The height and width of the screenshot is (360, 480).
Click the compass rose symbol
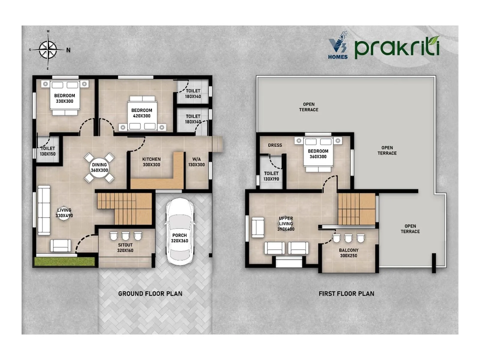[x=48, y=49]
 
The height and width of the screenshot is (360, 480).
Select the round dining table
[x=99, y=167]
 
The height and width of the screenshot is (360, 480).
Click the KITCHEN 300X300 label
[x=151, y=162]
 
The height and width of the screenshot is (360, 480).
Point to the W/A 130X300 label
[x=196, y=162]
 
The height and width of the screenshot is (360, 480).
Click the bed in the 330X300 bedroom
[x=64, y=98]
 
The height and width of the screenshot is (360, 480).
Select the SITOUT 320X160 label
[x=125, y=248]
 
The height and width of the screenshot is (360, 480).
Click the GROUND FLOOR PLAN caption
[x=150, y=294]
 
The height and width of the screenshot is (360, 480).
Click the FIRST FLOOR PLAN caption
[x=346, y=294]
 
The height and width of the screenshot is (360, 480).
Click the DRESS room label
[x=275, y=145]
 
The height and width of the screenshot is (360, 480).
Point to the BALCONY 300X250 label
[x=348, y=253]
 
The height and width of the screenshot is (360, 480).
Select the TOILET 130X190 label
[x=271, y=176]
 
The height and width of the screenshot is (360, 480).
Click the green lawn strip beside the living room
[x=64, y=261]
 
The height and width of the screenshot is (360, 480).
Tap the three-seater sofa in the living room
[x=44, y=210]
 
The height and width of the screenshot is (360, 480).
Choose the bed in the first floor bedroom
[x=318, y=154]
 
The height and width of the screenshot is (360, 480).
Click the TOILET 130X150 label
[x=48, y=151]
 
